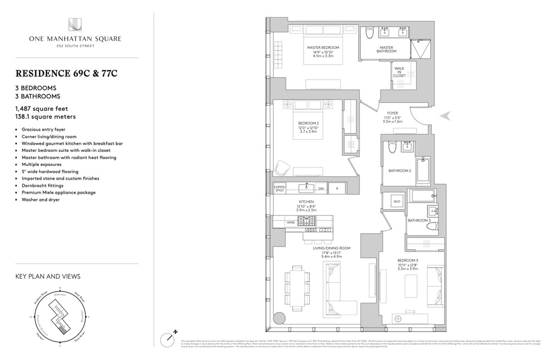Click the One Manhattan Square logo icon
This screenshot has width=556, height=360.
pyautogui.click(x=75, y=24)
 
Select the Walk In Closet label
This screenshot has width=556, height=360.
pyautogui.click(x=400, y=72)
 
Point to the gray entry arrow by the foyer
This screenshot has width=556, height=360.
pyautogui.click(x=446, y=116)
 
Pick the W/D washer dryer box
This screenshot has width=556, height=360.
pyautogui.click(x=397, y=201)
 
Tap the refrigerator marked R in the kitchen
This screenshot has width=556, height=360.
pyautogui.click(x=337, y=189)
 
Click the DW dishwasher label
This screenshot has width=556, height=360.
pyautogui.click(x=321, y=189)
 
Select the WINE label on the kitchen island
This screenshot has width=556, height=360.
pyautogui.click(x=291, y=222)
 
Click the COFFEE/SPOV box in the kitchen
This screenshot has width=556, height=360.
pyautogui.click(x=280, y=189)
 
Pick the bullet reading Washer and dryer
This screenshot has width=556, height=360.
pyautogui.click(x=41, y=199)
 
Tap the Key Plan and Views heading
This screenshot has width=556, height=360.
pyautogui.click(x=48, y=276)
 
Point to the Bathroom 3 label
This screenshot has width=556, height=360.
pyautogui.click(x=419, y=220)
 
